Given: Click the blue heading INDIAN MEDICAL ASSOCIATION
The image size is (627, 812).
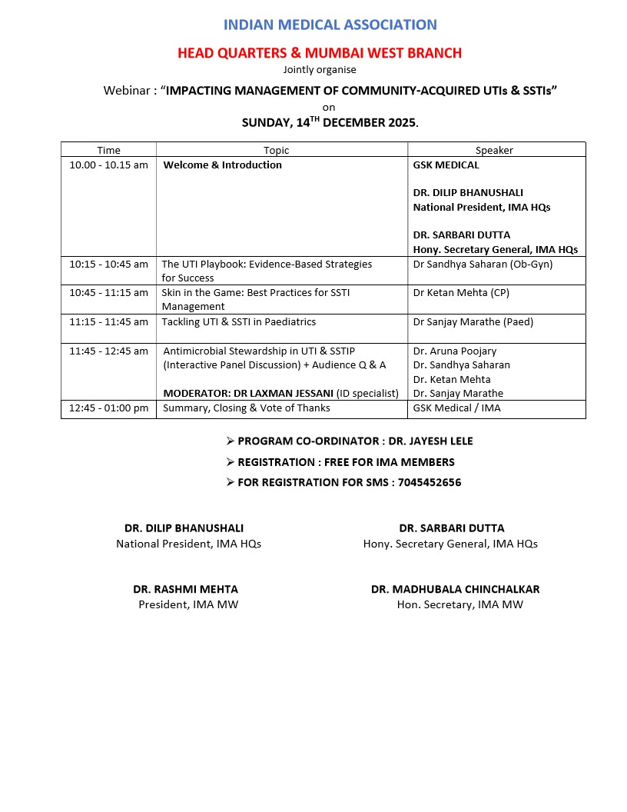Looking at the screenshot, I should (x=330, y=25).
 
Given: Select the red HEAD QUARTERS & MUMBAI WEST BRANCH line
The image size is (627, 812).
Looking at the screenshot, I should (x=320, y=53).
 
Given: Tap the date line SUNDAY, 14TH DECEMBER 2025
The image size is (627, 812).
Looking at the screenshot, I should (x=330, y=122).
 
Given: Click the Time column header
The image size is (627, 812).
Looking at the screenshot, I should (x=108, y=150).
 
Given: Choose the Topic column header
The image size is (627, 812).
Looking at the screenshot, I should (x=277, y=150).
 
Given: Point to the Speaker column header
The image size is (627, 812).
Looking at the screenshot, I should (x=494, y=150).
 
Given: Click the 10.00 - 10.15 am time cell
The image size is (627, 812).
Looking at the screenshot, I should (x=108, y=165).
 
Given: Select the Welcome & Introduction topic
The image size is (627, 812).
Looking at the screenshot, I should (x=222, y=165).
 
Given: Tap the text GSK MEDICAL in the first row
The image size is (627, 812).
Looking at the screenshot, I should (x=446, y=165).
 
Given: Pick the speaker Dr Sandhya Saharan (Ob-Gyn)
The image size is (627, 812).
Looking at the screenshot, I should (x=483, y=265).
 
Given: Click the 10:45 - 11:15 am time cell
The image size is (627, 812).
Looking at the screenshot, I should (x=108, y=293).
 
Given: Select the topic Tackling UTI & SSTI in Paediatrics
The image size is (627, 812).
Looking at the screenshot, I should (x=238, y=322).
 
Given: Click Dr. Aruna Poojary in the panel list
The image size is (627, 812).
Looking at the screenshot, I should (x=455, y=351).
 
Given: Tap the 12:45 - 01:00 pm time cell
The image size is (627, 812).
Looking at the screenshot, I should (x=108, y=408).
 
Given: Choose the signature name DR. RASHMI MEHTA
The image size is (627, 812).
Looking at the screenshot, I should (x=185, y=590).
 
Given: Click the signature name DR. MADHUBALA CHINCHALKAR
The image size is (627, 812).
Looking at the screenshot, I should (x=455, y=590).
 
